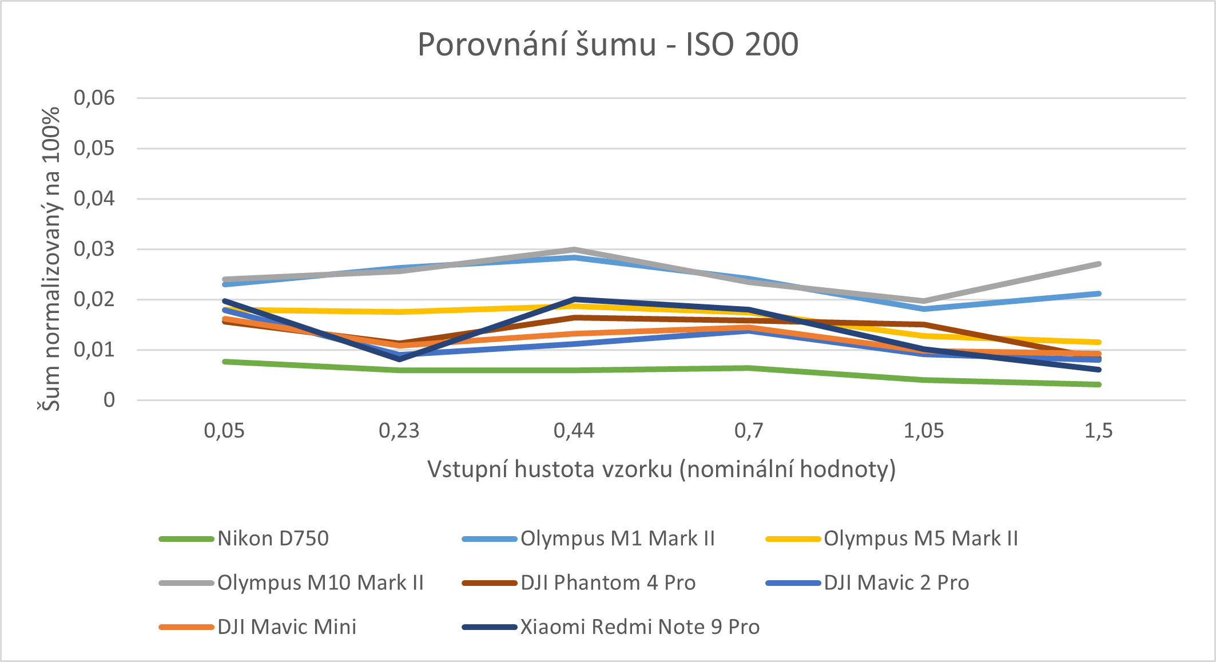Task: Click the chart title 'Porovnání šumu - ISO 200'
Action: point(607,45)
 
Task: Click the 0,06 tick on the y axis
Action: point(94,98)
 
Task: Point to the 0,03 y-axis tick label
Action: point(94,249)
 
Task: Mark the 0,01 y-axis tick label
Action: point(94,350)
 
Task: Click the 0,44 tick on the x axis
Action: point(574,430)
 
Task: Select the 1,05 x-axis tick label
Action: point(924,430)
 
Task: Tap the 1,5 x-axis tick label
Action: point(1098,430)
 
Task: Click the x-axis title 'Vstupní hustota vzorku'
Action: point(661,469)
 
